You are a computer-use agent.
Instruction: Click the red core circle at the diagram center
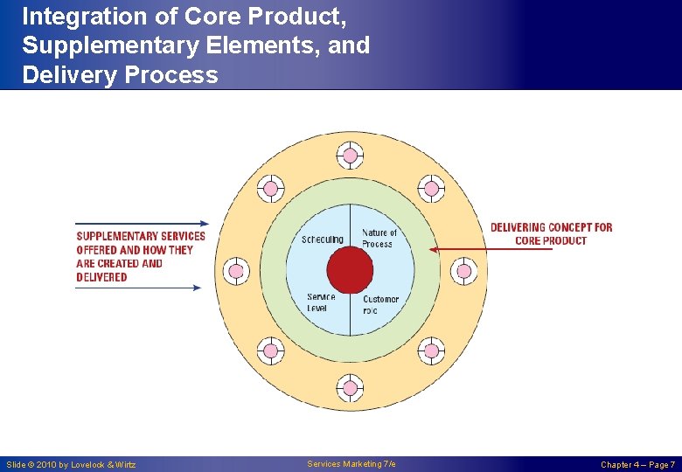point(350,270)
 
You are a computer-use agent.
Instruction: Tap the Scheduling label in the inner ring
point(322,239)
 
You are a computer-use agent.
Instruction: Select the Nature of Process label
point(379,238)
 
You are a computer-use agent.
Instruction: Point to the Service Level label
point(321,302)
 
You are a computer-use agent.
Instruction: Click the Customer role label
point(380,304)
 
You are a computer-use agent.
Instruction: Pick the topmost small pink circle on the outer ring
point(350,156)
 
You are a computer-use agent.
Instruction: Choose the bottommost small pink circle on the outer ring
point(350,385)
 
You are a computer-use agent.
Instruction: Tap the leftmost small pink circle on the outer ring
point(236,271)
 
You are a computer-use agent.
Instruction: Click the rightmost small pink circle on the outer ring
point(464,271)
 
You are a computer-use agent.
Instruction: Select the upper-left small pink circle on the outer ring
point(270,189)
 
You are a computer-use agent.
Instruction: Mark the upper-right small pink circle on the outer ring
point(430,189)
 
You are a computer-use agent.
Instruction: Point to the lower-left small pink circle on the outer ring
point(270,351)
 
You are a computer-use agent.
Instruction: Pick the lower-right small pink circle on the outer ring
point(430,351)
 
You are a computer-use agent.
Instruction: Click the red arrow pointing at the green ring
point(490,249)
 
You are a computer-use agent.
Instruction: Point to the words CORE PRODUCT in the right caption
point(551,240)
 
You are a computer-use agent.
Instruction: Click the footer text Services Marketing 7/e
point(351,464)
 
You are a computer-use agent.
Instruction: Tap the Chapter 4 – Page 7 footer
point(637,464)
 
